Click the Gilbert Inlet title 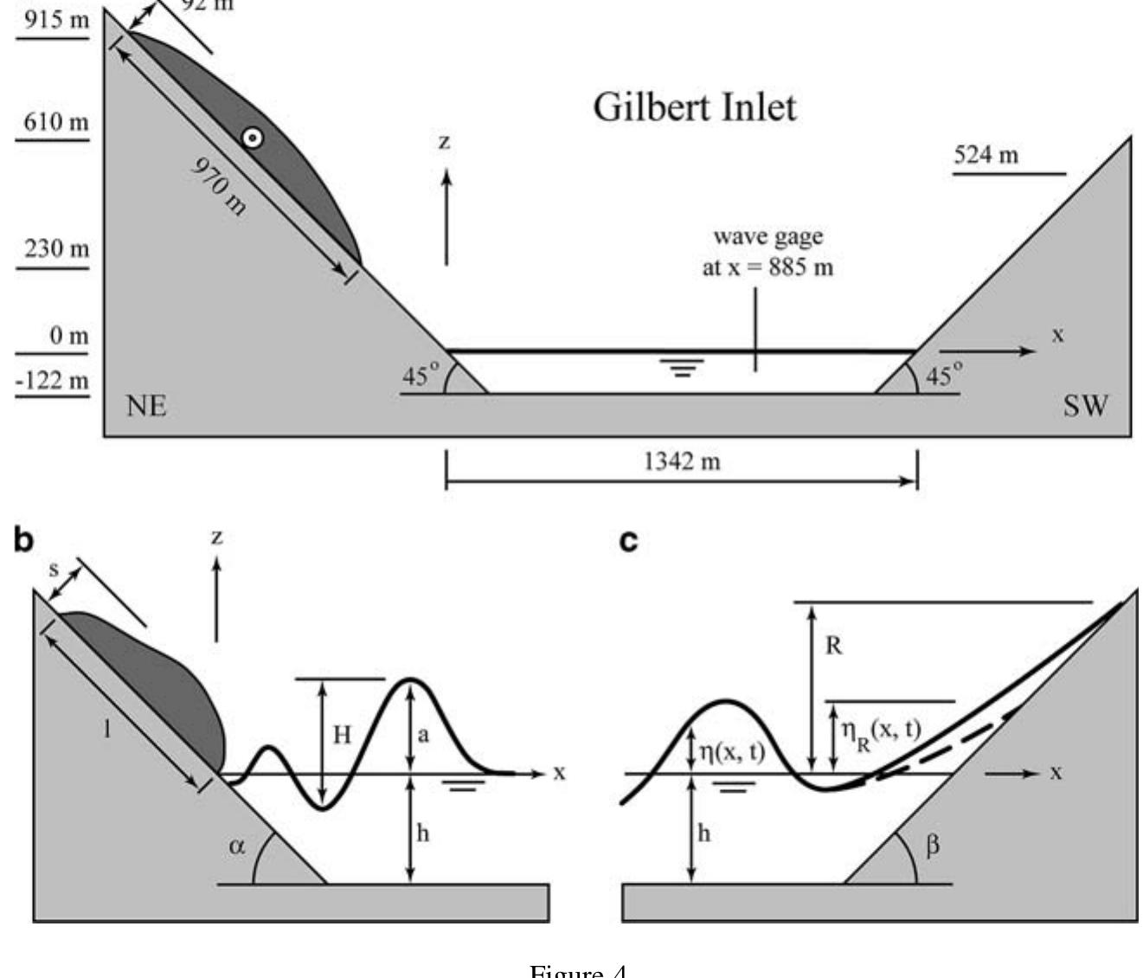694,107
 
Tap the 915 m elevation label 55,20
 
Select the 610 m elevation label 55,122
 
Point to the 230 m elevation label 55,249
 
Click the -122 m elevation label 52,381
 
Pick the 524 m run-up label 986,156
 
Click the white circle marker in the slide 252,138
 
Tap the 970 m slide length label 219,187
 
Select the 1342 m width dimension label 682,462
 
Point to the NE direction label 147,406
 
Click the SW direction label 1085,406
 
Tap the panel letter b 23,540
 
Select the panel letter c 629,541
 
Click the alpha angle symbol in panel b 237,846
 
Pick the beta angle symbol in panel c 932,846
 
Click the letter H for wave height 343,735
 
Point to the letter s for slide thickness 54,570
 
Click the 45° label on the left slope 421,375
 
